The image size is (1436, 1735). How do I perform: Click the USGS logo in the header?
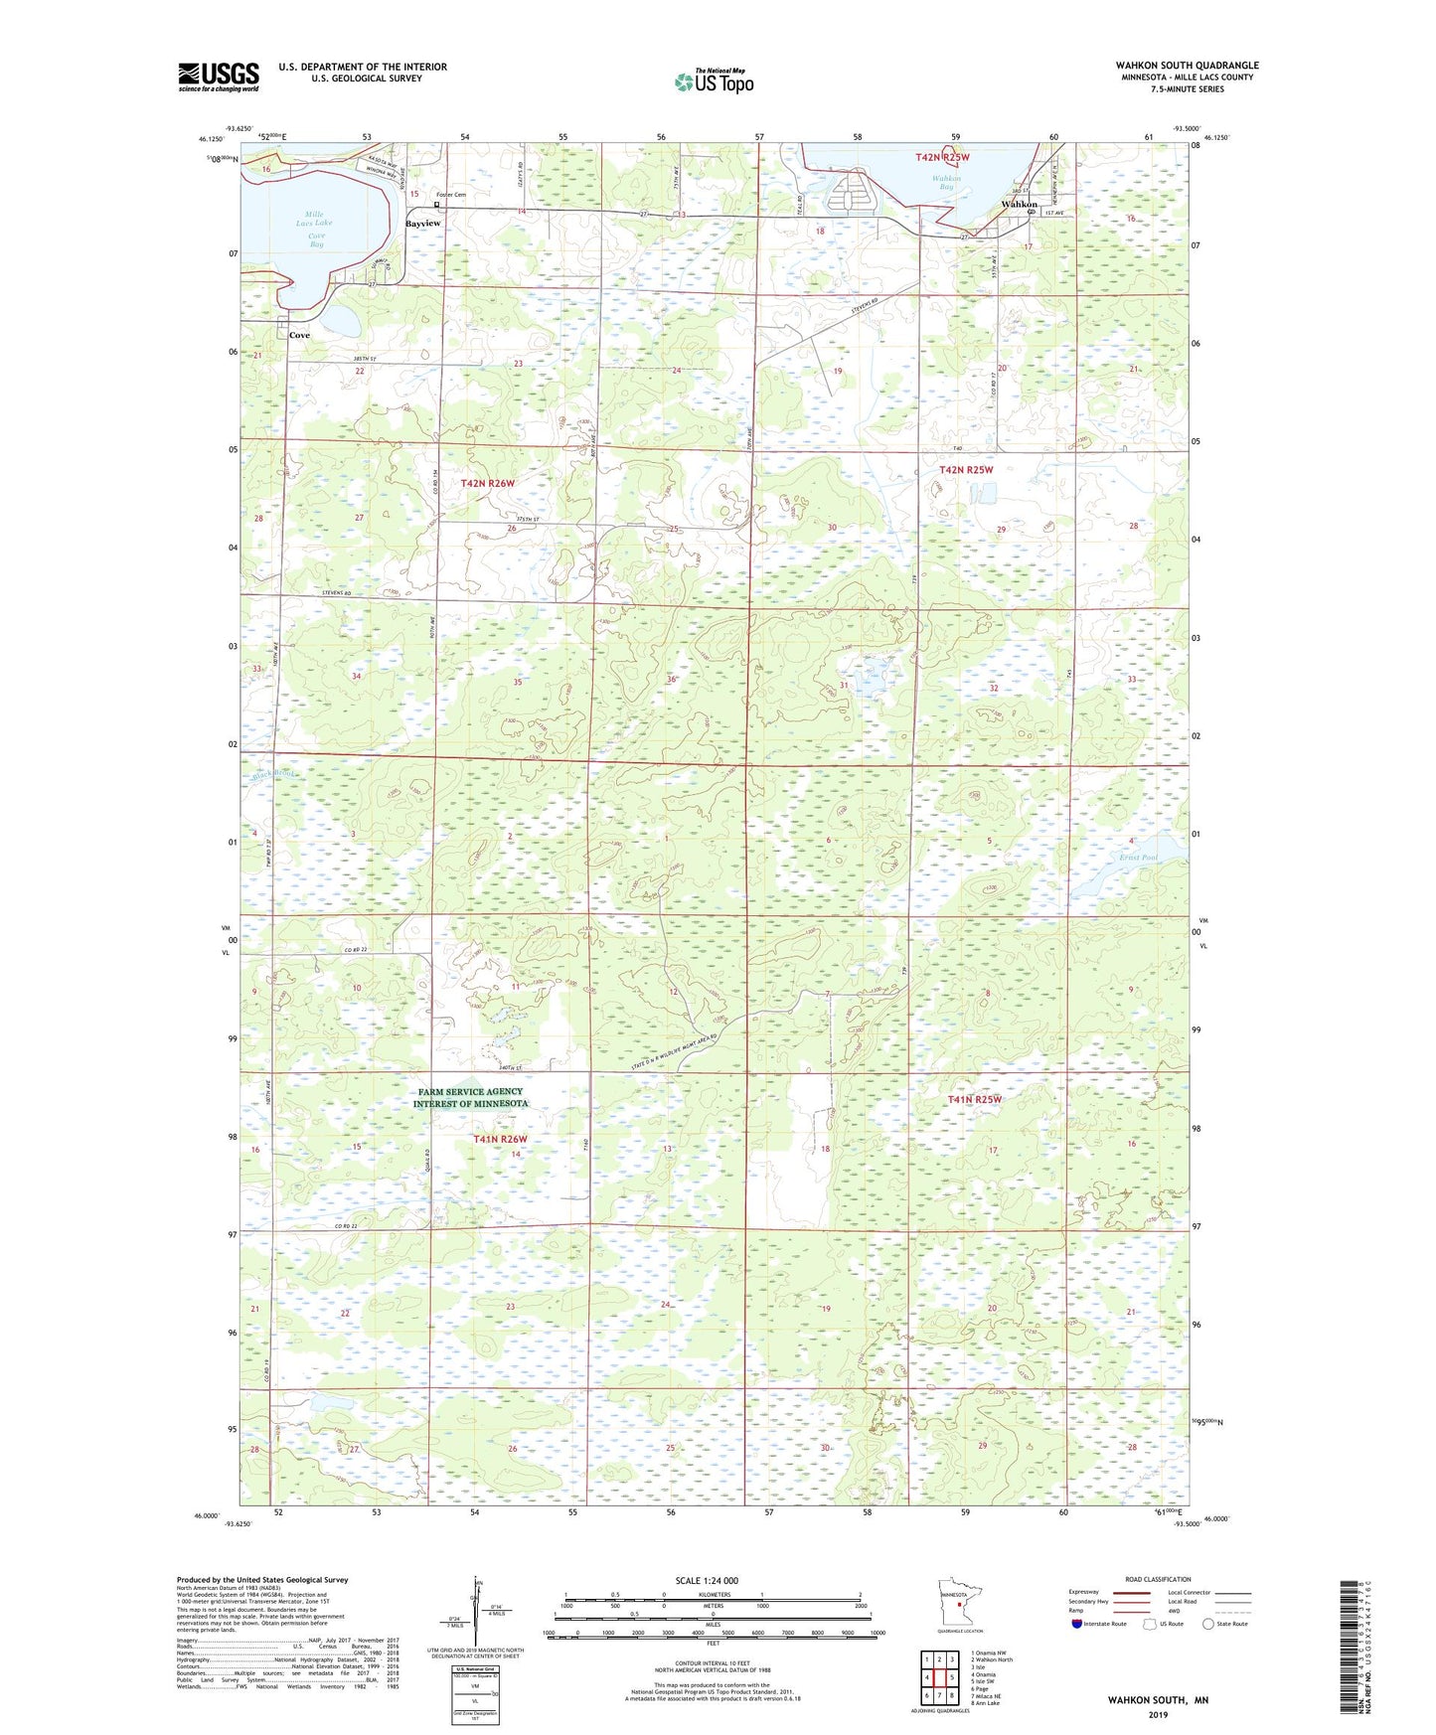point(219,77)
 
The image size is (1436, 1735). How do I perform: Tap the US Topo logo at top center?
point(713,81)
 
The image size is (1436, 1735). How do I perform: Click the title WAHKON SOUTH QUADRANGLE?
point(1186,65)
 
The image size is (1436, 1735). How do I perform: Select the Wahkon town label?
point(1019,204)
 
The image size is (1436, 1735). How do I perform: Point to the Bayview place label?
point(422,224)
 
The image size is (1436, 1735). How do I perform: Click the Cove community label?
point(299,335)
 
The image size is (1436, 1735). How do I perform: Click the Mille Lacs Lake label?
point(314,219)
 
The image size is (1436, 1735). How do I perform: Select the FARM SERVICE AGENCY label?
point(470,1091)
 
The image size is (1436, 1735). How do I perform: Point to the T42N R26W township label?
point(488,483)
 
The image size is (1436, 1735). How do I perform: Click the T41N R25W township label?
point(974,1099)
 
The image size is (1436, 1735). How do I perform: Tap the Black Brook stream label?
point(272,774)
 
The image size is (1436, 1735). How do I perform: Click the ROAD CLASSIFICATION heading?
point(1158,1579)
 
